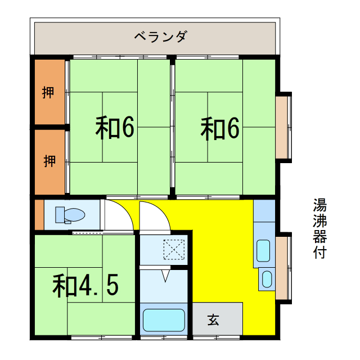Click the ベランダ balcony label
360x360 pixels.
click(160, 37)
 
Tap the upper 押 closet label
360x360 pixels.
click(48, 92)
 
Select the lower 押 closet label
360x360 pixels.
click(49, 161)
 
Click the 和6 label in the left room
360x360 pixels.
click(115, 128)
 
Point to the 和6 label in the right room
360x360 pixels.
click(220, 128)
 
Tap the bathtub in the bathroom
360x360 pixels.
click(164, 320)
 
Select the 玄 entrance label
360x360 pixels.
click(214, 320)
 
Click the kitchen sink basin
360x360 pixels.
click(264, 251)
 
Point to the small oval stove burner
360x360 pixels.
click(267, 278)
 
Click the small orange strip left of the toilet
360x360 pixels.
click(38, 214)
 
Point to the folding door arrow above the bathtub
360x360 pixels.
click(165, 276)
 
